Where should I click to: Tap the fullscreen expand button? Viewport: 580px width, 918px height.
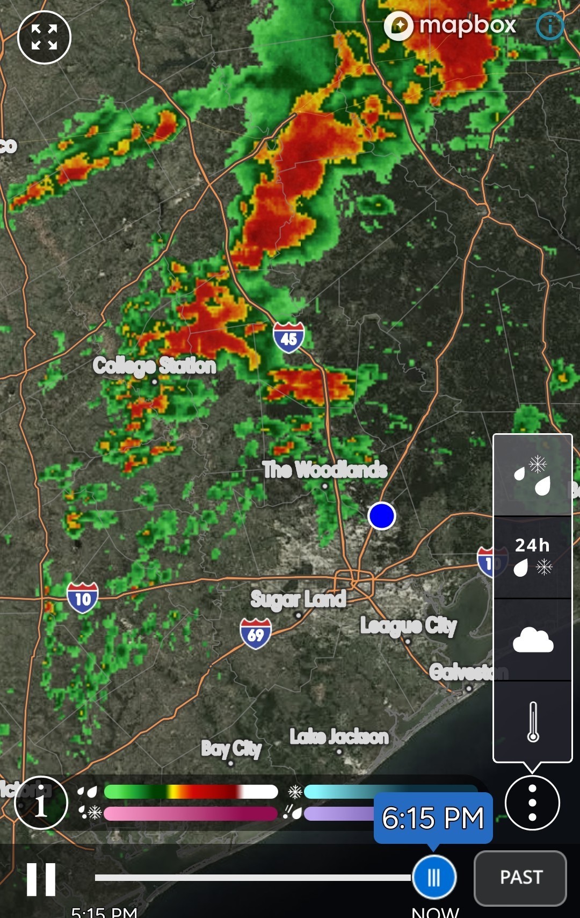tap(44, 37)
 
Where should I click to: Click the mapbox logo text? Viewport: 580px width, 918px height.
tap(467, 25)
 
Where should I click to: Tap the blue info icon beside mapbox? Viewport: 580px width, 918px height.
tap(550, 26)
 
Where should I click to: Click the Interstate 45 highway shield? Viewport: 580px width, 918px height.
tap(288, 338)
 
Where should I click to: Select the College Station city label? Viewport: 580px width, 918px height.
tap(154, 366)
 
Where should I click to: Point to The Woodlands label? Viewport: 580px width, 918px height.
tap(325, 470)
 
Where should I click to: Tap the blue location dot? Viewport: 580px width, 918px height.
tap(382, 516)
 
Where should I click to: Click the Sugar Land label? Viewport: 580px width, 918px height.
tap(298, 599)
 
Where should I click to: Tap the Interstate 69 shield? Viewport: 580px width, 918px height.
tap(256, 634)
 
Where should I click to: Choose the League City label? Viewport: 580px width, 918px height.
tap(408, 626)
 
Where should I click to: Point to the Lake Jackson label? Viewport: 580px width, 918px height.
tap(339, 737)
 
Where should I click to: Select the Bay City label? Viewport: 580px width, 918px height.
tap(231, 748)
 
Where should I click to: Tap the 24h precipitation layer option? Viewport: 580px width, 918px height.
tap(532, 557)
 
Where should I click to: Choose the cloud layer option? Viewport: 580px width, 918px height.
tap(532, 640)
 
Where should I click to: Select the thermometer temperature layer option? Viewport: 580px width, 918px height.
tap(532, 721)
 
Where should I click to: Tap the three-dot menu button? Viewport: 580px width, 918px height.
tap(532, 803)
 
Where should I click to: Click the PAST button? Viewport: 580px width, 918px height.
tap(520, 878)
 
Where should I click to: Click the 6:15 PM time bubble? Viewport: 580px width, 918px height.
tap(433, 818)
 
